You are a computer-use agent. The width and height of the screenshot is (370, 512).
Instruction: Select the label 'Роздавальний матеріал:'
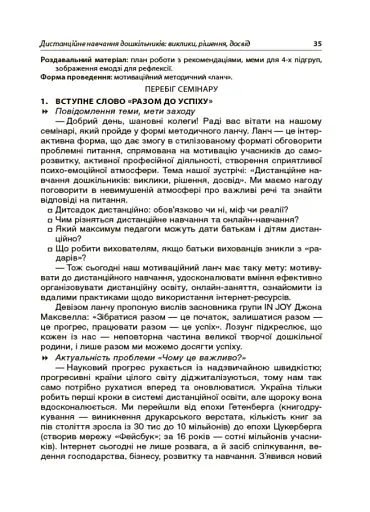pyautogui.click(x=75, y=60)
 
